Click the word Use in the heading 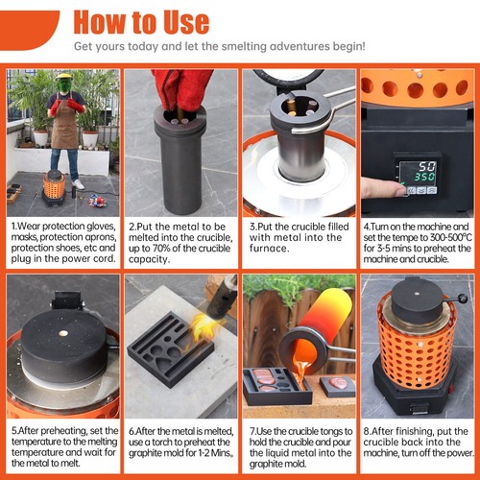pos(186,22)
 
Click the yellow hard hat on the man pos(64,76)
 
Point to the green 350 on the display pos(425,177)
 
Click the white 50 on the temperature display pos(427,166)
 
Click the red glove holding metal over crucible pos(181,88)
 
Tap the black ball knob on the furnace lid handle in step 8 pos(463,299)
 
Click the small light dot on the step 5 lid pos(63,333)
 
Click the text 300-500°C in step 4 pos(451,237)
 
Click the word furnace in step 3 pos(269,249)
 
